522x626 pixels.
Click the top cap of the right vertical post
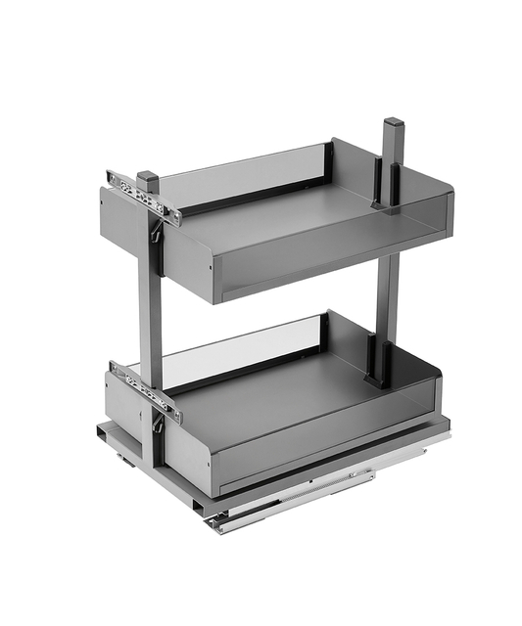[394, 124]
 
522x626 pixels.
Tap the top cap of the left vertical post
[148, 179]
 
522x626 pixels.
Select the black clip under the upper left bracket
[155, 230]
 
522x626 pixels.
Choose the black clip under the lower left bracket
[157, 424]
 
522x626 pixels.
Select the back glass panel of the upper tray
[245, 171]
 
